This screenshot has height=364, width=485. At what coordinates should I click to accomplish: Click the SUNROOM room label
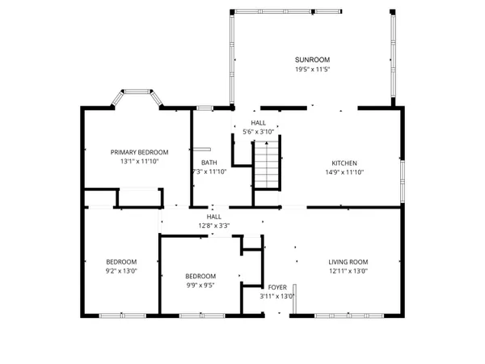click(x=312, y=60)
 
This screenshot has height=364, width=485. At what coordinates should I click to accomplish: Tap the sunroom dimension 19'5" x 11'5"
click(x=312, y=70)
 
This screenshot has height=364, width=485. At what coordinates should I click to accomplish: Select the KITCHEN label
click(x=344, y=163)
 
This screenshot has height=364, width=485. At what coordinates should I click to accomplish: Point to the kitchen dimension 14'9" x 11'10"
click(x=344, y=171)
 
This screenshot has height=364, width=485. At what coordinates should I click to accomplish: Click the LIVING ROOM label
click(x=348, y=261)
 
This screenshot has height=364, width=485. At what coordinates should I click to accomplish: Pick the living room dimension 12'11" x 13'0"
click(x=348, y=272)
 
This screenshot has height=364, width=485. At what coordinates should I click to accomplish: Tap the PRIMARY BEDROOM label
click(x=139, y=152)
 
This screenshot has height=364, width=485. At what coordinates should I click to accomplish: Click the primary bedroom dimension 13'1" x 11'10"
click(x=139, y=162)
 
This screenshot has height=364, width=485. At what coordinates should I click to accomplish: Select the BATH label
click(x=209, y=163)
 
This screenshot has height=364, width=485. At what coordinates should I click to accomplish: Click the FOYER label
click(x=277, y=286)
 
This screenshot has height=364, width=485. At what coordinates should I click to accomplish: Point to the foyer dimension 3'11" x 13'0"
click(x=276, y=296)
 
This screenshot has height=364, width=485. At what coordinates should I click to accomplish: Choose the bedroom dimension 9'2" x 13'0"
click(x=121, y=272)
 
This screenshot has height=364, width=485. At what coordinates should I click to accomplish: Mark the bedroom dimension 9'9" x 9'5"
click(x=200, y=286)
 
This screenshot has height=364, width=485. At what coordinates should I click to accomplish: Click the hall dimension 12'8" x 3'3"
click(x=213, y=226)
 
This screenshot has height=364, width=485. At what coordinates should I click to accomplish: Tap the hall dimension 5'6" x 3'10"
click(x=258, y=131)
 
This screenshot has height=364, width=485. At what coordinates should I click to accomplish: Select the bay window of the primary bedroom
click(x=137, y=99)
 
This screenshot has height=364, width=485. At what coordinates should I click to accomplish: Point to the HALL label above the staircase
click(x=258, y=122)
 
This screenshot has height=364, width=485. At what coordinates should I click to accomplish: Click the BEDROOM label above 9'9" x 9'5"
click(x=200, y=276)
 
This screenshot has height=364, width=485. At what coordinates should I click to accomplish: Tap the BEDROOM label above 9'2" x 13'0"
click(x=121, y=261)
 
